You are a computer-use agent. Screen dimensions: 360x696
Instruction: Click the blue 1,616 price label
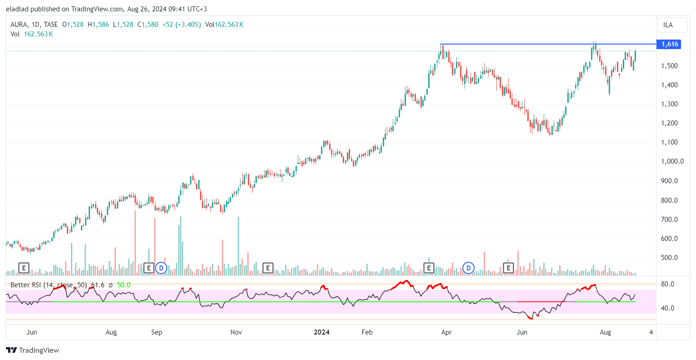pyautogui.click(x=670, y=44)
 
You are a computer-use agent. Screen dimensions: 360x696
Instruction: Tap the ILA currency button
pyautogui.click(x=668, y=25)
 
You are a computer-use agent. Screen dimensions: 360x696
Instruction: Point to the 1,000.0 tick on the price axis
pyautogui.click(x=672, y=161)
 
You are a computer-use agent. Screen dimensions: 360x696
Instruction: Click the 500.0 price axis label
pyautogui.click(x=669, y=258)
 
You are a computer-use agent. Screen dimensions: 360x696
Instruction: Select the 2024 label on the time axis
pyautogui.click(x=321, y=332)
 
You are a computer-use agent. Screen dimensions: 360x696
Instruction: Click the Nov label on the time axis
pyautogui.click(x=236, y=332)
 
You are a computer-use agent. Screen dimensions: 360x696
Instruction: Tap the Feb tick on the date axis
pyautogui.click(x=367, y=332)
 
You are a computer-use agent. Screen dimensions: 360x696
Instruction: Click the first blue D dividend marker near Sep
pyautogui.click(x=161, y=268)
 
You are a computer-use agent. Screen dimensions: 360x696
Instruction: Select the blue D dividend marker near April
pyautogui.click(x=468, y=268)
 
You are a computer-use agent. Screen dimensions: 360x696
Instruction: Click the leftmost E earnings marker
pyautogui.click(x=24, y=268)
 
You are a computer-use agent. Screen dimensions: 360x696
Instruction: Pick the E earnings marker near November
pyautogui.click(x=268, y=268)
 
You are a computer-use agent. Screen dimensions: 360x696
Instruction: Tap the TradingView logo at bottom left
pyautogui.click(x=33, y=350)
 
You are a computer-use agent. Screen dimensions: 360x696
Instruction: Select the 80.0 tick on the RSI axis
pyautogui.click(x=667, y=284)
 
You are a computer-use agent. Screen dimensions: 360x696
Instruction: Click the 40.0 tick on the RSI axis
pyautogui.click(x=667, y=308)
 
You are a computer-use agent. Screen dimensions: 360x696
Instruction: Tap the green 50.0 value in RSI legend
pyautogui.click(x=124, y=285)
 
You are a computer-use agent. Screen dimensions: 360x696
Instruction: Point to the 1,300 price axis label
pyautogui.click(x=669, y=104)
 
